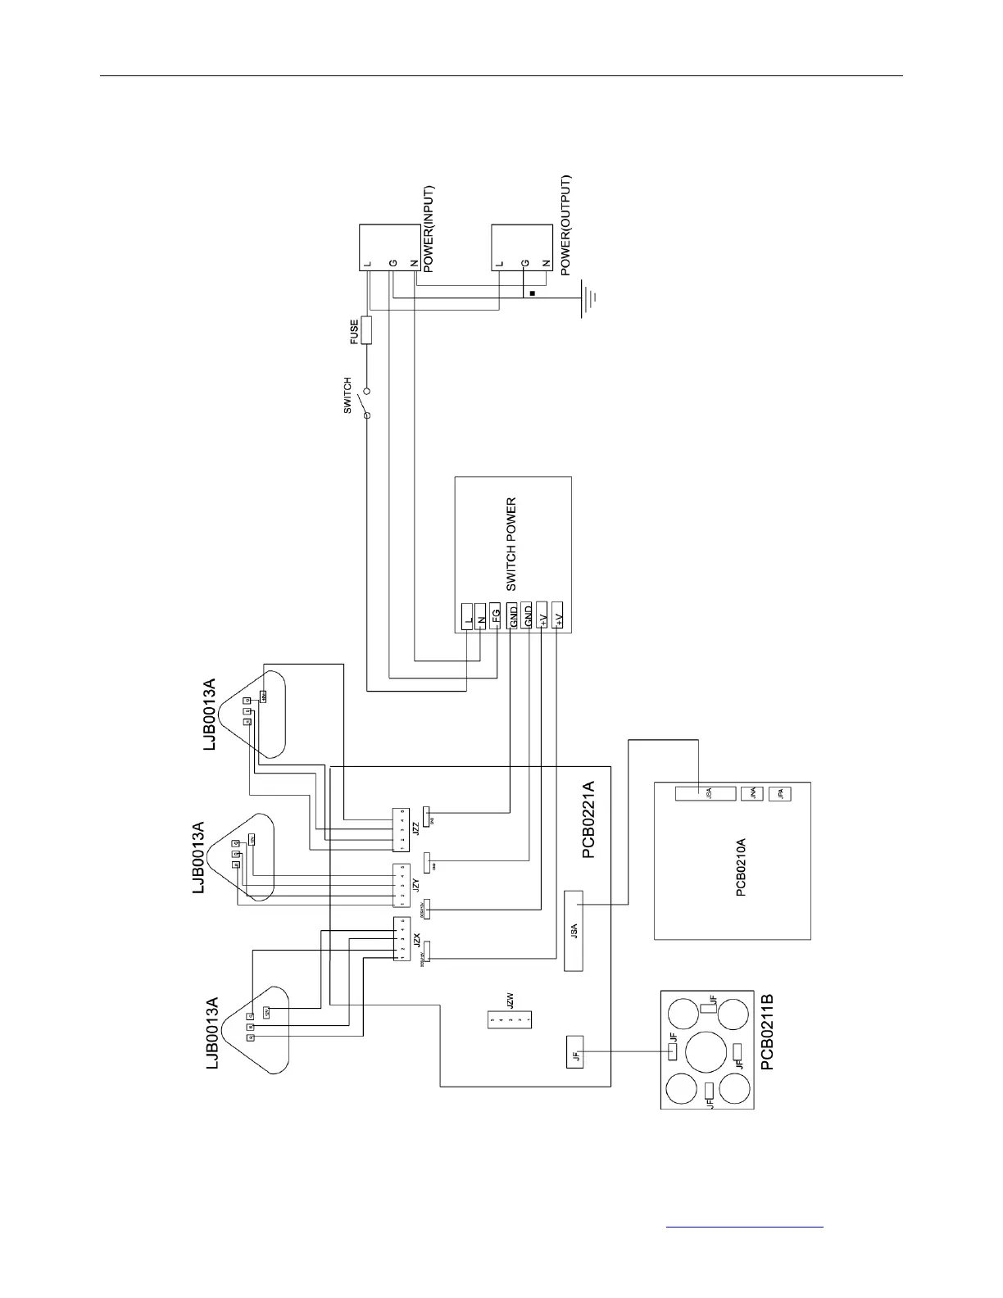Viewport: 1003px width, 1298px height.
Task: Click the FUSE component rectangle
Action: pos(366,330)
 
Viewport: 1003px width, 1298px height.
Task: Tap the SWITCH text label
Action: pos(347,395)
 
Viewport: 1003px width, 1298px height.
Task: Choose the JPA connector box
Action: pos(780,792)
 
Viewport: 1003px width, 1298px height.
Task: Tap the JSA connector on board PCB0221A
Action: pos(574,930)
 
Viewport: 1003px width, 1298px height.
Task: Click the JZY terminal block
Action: pos(401,887)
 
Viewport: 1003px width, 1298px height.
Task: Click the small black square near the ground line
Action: pos(533,293)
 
